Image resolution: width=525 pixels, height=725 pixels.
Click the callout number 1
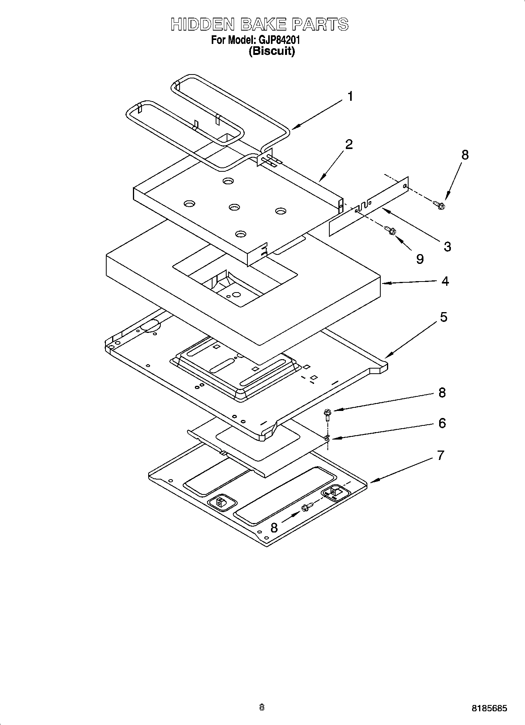(x=350, y=96)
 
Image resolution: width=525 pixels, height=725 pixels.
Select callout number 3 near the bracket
(x=447, y=247)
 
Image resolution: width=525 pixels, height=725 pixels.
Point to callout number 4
(x=445, y=281)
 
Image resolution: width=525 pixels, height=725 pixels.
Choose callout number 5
(x=443, y=317)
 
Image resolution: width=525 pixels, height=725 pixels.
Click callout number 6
(x=442, y=423)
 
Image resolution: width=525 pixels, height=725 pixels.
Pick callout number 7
(x=440, y=455)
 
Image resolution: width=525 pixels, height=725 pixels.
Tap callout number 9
(x=420, y=259)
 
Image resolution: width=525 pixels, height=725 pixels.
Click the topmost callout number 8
(x=465, y=154)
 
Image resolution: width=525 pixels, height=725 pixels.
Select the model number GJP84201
(x=279, y=40)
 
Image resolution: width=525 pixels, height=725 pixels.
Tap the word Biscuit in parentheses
(x=272, y=51)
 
